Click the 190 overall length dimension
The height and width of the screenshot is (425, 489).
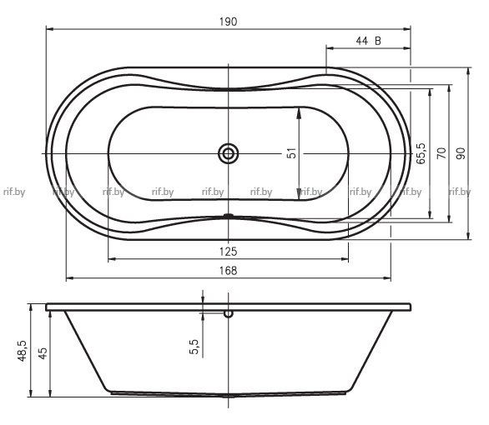coord(229,22)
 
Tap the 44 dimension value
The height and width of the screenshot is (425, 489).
coord(362,41)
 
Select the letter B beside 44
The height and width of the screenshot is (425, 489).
coord(378,41)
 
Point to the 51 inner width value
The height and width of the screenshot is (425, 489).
coord(291,153)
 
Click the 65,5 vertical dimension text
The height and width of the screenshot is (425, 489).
coord(421,153)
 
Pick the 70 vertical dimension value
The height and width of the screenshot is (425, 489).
coord(441,153)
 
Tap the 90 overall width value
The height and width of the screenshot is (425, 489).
coord(461,153)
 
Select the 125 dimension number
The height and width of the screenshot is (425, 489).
coord(229,252)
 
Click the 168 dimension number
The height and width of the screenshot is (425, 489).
coord(229,271)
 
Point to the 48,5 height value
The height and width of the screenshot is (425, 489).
coord(23,351)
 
